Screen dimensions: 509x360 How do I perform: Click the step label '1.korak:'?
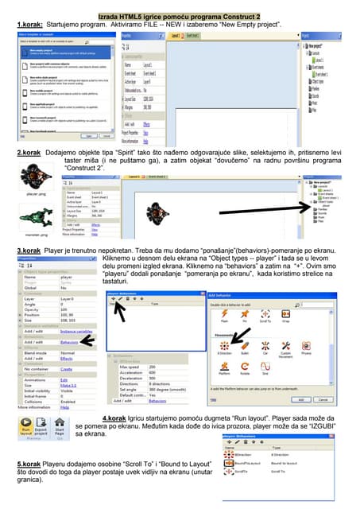(x=31, y=25)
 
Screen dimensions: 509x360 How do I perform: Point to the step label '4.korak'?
(x=118, y=418)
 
